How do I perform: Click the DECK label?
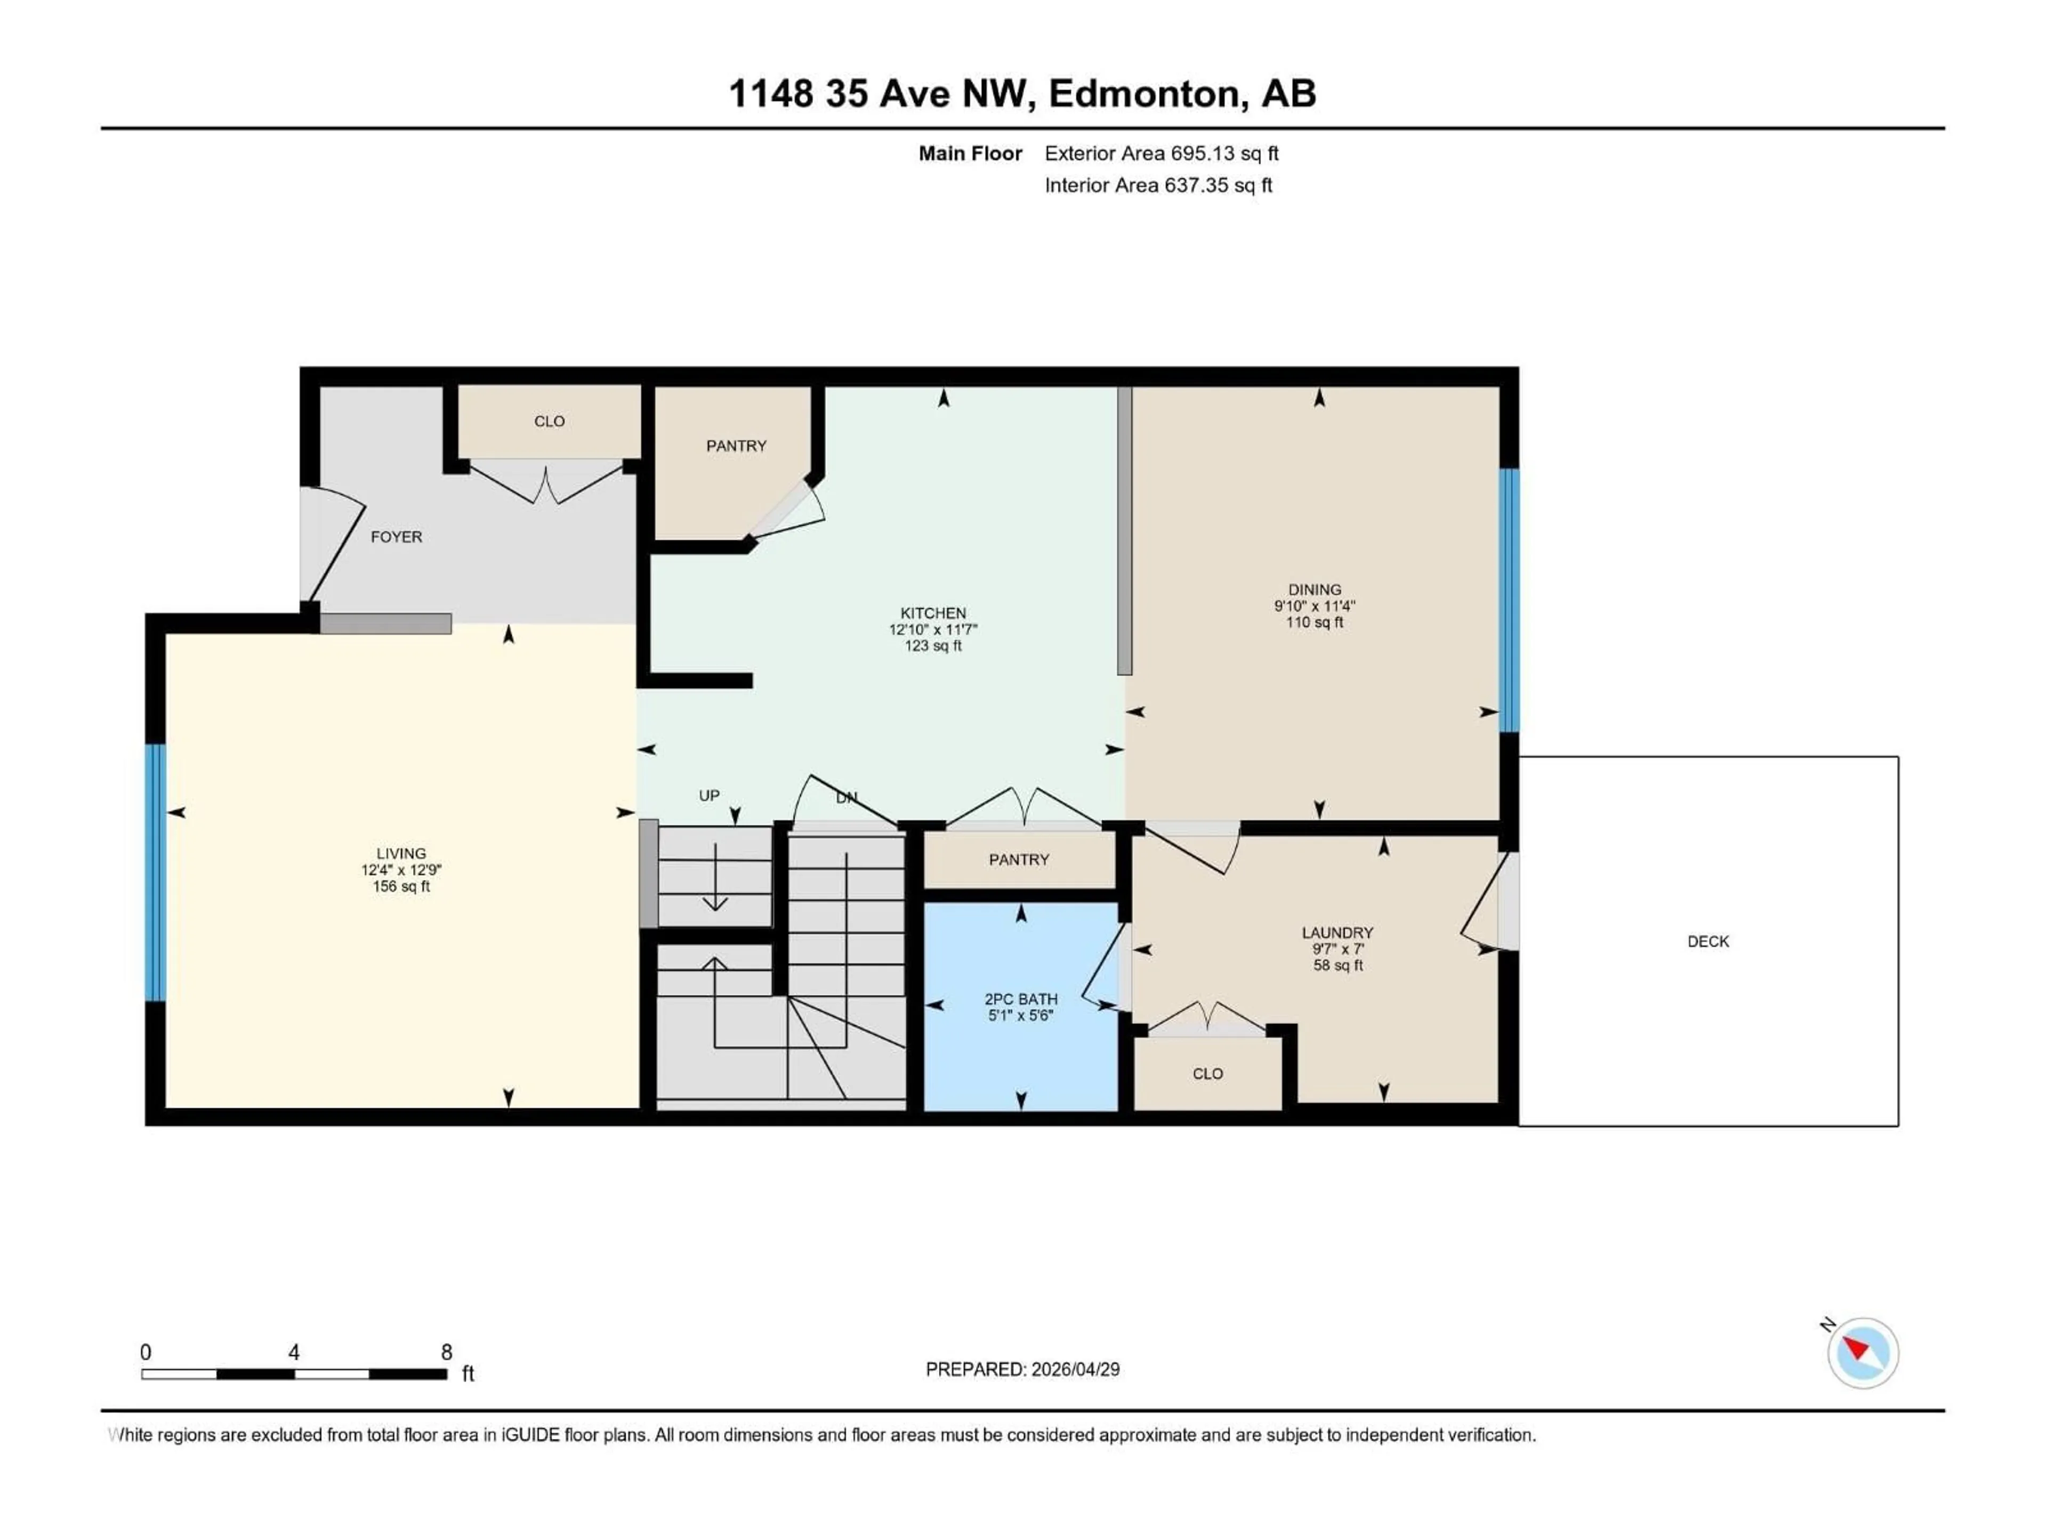point(1707,942)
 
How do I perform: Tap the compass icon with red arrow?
point(1863,1353)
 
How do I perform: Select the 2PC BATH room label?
point(1021,999)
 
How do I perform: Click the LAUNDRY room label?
point(1337,933)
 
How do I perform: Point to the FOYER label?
point(396,537)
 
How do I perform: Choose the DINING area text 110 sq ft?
point(1314,623)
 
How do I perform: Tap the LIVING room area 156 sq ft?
point(401,886)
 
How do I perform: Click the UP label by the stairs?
point(709,796)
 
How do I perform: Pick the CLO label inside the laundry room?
point(1207,1074)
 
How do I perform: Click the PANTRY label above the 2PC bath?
point(1019,860)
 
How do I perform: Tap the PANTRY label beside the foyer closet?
point(736,446)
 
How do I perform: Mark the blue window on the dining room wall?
point(1509,601)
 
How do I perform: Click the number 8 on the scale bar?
point(446,1353)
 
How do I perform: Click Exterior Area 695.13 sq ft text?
point(1162,153)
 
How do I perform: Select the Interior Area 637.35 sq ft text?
point(1158,185)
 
